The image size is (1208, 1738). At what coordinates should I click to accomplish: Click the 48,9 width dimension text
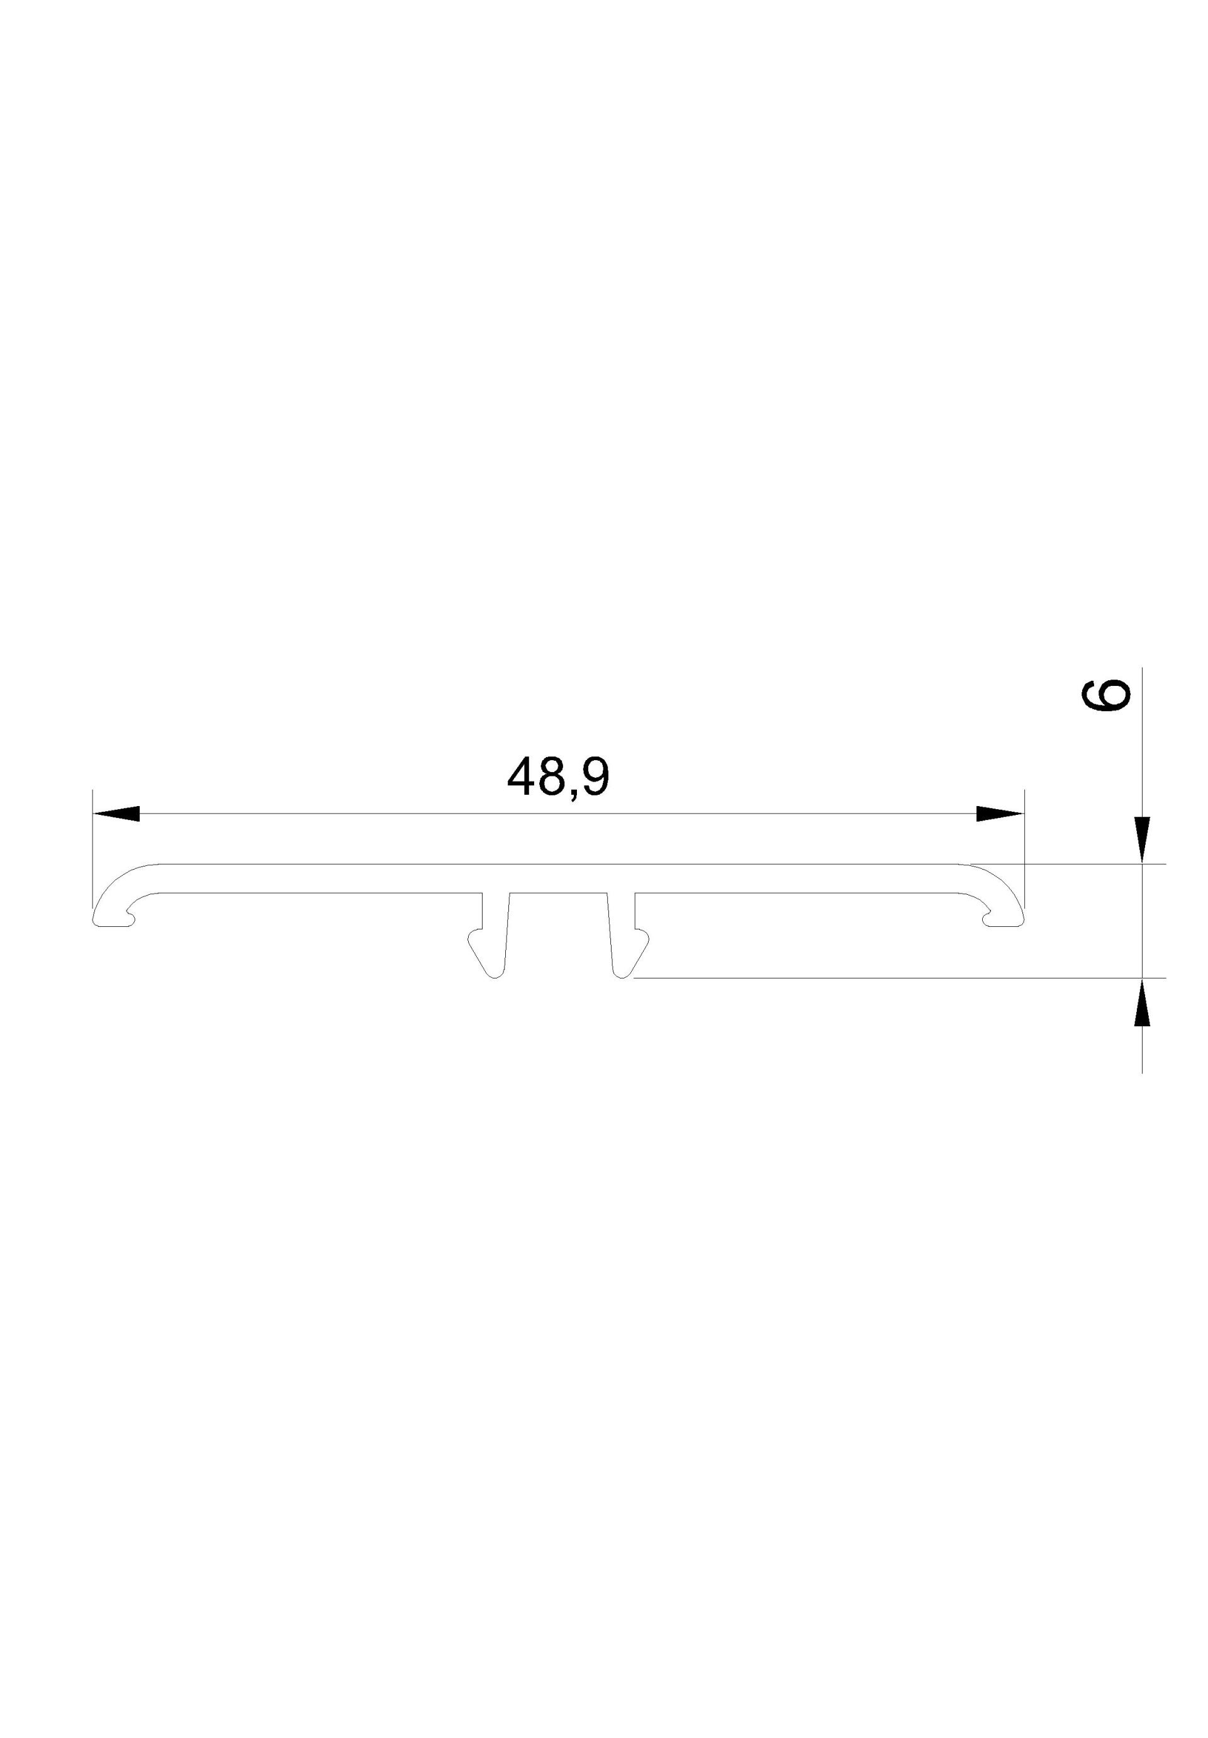pyautogui.click(x=558, y=777)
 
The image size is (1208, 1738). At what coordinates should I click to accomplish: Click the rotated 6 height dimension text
pyautogui.click(x=1106, y=695)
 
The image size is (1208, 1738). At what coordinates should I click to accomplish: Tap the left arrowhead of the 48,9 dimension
pyautogui.click(x=116, y=814)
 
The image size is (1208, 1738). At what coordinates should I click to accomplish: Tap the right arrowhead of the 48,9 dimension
pyautogui.click(x=1000, y=814)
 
